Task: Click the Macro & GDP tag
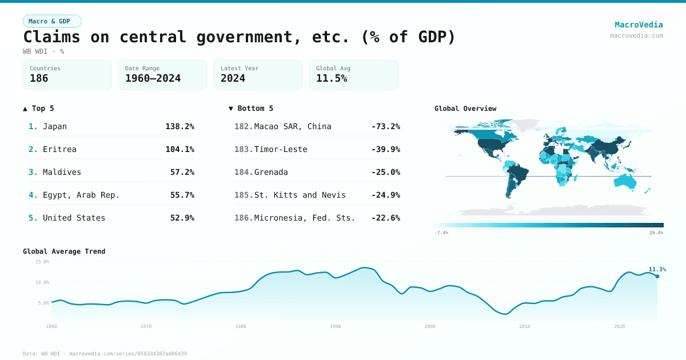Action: tap(52, 21)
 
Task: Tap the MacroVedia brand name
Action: tap(639, 25)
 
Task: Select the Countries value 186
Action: tap(39, 78)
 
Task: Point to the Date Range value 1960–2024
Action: tap(153, 78)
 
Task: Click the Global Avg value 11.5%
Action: tap(332, 78)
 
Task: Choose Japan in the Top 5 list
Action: tap(55, 126)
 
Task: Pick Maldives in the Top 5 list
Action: tap(62, 172)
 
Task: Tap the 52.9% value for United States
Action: tap(182, 218)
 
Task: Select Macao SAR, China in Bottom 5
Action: tap(293, 126)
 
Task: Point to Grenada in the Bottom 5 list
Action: tap(271, 172)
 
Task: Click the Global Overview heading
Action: tap(465, 109)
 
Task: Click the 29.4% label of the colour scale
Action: tap(656, 233)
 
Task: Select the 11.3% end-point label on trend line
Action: tap(657, 269)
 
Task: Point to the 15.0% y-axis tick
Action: tap(42, 262)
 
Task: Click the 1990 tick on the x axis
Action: tap(336, 326)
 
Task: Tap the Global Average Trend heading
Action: tap(64, 251)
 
